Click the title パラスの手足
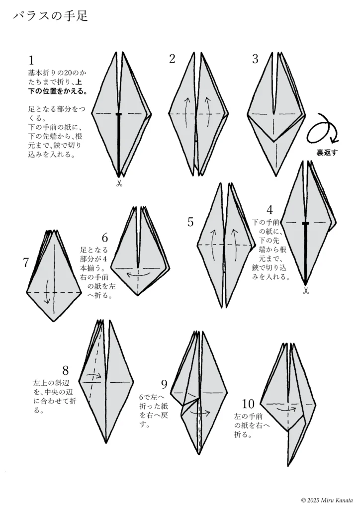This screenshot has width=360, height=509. (x=50, y=16)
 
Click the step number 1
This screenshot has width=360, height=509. (x=31, y=61)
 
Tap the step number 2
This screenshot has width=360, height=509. (x=173, y=59)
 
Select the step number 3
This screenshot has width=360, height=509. (x=255, y=59)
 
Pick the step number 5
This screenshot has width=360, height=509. (x=190, y=222)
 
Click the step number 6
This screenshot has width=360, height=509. (x=104, y=237)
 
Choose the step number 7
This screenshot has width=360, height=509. (x=26, y=262)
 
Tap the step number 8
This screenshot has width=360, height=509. (x=66, y=370)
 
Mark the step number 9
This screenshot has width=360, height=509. (x=164, y=384)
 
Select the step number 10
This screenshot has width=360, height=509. (x=248, y=403)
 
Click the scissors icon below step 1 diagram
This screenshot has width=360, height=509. (x=119, y=184)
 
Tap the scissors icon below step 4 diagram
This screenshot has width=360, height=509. (x=305, y=291)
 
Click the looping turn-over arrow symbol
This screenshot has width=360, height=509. (x=322, y=131)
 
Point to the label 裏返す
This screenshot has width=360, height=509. (x=327, y=153)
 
